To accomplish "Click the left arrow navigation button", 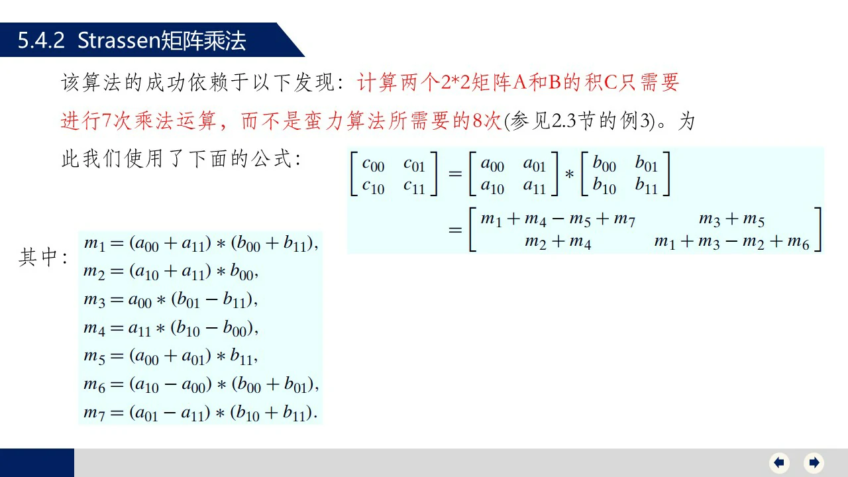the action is pyautogui.click(x=779, y=462).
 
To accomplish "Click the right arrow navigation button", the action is pyautogui.click(x=814, y=462).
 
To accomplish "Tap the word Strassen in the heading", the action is pyautogui.click(x=119, y=40).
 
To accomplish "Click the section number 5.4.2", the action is pyautogui.click(x=41, y=40).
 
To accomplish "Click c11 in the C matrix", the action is pyautogui.click(x=414, y=187).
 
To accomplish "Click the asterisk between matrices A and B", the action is pyautogui.click(x=569, y=175).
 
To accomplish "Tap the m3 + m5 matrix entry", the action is pyautogui.click(x=731, y=219).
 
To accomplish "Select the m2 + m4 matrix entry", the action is pyautogui.click(x=558, y=242).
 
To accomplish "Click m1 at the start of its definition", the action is pyautogui.click(x=94, y=244).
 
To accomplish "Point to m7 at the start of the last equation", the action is pyautogui.click(x=94, y=413).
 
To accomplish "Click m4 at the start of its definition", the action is pyautogui.click(x=94, y=329).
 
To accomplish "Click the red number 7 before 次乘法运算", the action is pyautogui.click(x=107, y=121).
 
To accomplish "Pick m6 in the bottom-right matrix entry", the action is pyautogui.click(x=798, y=242).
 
